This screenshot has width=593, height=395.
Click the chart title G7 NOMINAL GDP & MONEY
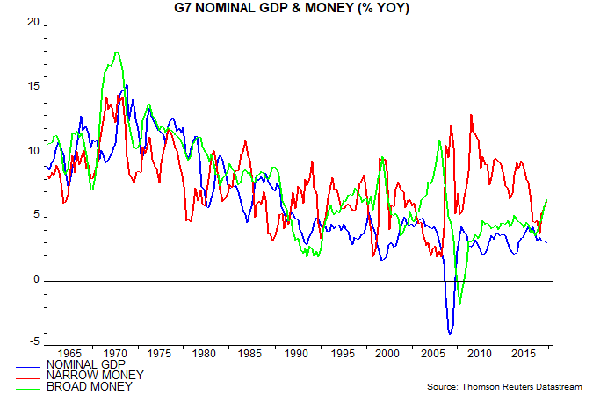click(x=295, y=10)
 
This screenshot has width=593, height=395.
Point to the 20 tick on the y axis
click(x=33, y=23)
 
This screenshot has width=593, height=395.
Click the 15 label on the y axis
click(x=33, y=87)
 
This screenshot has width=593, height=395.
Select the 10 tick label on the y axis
click(x=33, y=152)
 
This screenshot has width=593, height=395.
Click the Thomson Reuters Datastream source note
click(x=505, y=386)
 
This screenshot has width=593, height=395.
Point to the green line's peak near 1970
click(x=117, y=53)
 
